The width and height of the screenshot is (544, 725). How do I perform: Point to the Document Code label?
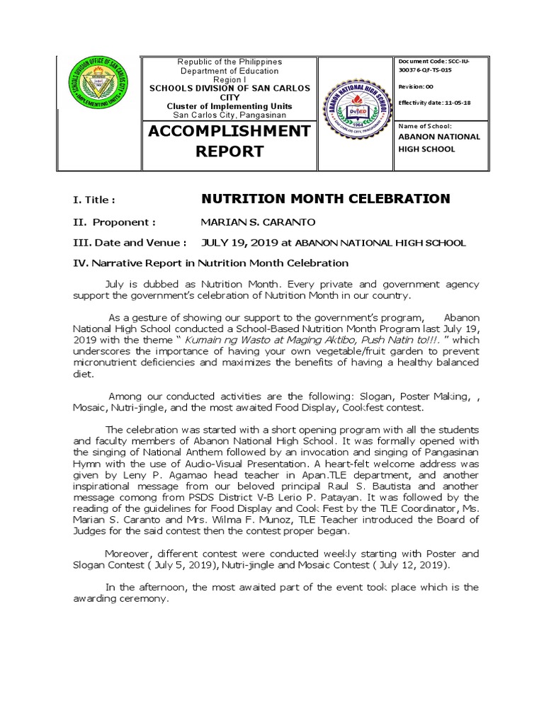421,62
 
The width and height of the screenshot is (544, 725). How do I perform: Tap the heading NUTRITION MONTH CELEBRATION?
326,199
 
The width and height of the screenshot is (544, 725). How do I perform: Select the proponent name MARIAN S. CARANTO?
258,222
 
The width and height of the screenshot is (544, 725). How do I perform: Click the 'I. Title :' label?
93,200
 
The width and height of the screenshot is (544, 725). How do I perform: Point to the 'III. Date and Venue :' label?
130,242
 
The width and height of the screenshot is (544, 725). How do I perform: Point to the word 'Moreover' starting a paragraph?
129,554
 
